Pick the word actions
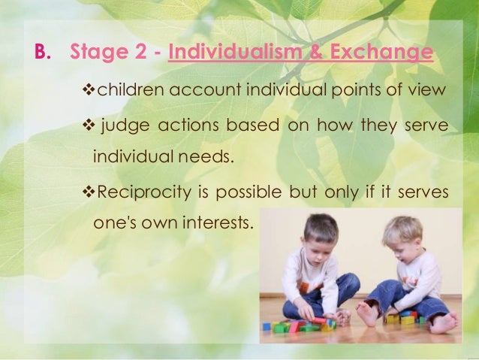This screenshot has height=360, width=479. [179, 125]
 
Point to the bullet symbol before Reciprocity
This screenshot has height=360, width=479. [86, 192]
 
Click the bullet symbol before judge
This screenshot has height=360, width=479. [86, 125]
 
